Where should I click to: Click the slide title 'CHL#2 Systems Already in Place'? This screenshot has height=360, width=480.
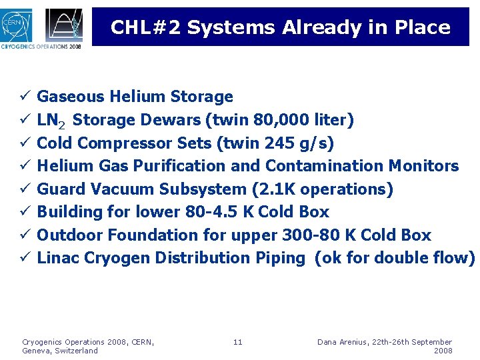(x=280, y=27)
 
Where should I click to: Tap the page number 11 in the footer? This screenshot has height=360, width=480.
(x=238, y=342)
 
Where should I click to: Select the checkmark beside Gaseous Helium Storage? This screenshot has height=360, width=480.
(x=24, y=97)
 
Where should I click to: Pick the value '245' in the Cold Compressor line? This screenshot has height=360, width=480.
(x=263, y=143)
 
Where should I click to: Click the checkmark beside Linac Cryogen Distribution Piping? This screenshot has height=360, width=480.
(x=24, y=257)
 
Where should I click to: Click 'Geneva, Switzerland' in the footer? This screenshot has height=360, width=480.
(x=60, y=351)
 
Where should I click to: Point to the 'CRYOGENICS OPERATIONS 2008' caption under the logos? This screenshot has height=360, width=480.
(x=41, y=47)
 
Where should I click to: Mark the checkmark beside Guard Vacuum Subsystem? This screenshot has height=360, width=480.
(x=24, y=189)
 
